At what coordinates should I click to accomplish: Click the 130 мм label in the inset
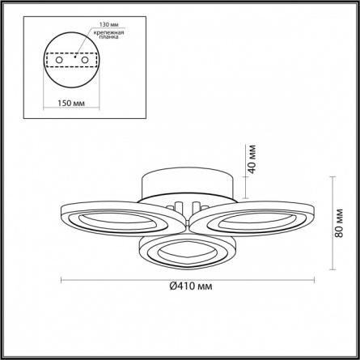[109, 24]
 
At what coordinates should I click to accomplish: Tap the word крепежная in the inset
[108, 32]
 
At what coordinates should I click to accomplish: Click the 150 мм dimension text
[71, 103]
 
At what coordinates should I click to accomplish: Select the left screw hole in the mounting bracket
[59, 60]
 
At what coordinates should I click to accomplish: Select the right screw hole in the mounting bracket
[85, 60]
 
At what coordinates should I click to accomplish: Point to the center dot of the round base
[75, 57]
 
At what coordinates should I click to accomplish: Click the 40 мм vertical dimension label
[252, 159]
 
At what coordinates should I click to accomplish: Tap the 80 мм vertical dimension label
[339, 223]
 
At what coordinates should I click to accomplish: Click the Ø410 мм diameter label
[191, 286]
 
